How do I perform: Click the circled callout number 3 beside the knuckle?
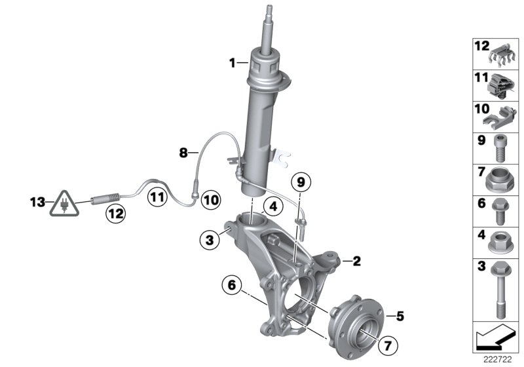click(x=210, y=241)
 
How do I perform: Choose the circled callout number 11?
click(x=156, y=195)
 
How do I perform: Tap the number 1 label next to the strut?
click(x=231, y=63)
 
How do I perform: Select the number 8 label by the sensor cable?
click(x=183, y=153)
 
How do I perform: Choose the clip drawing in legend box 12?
click(x=501, y=54)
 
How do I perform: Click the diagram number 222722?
click(x=496, y=360)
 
